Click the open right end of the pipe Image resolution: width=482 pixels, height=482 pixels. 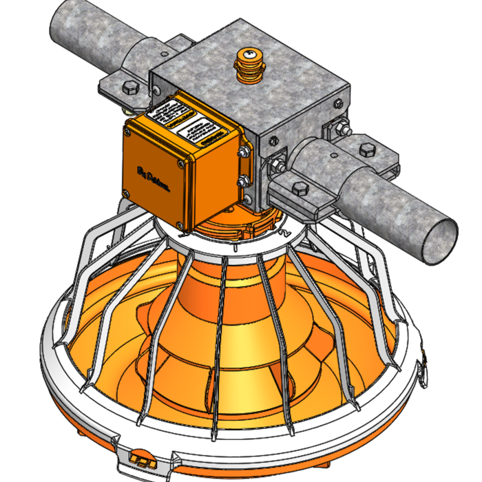439,240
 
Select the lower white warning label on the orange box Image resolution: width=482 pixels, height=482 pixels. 200,131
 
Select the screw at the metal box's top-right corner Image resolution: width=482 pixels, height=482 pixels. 338,103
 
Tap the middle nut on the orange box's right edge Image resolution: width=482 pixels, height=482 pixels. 244,180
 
